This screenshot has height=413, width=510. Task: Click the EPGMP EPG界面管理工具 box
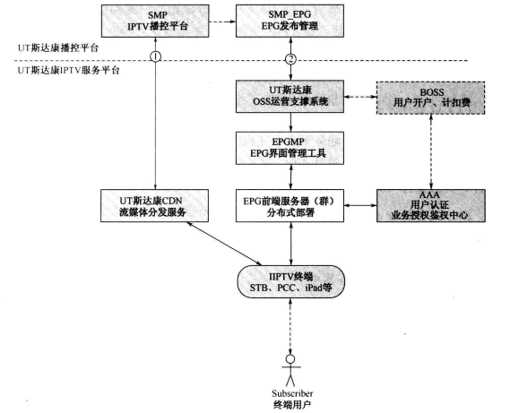point(290,147)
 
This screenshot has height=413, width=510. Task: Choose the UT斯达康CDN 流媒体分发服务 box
point(156,205)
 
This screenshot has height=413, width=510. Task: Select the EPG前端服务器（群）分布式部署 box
point(290,205)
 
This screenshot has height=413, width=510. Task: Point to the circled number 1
point(156,57)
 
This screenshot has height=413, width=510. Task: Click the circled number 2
point(290,58)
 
